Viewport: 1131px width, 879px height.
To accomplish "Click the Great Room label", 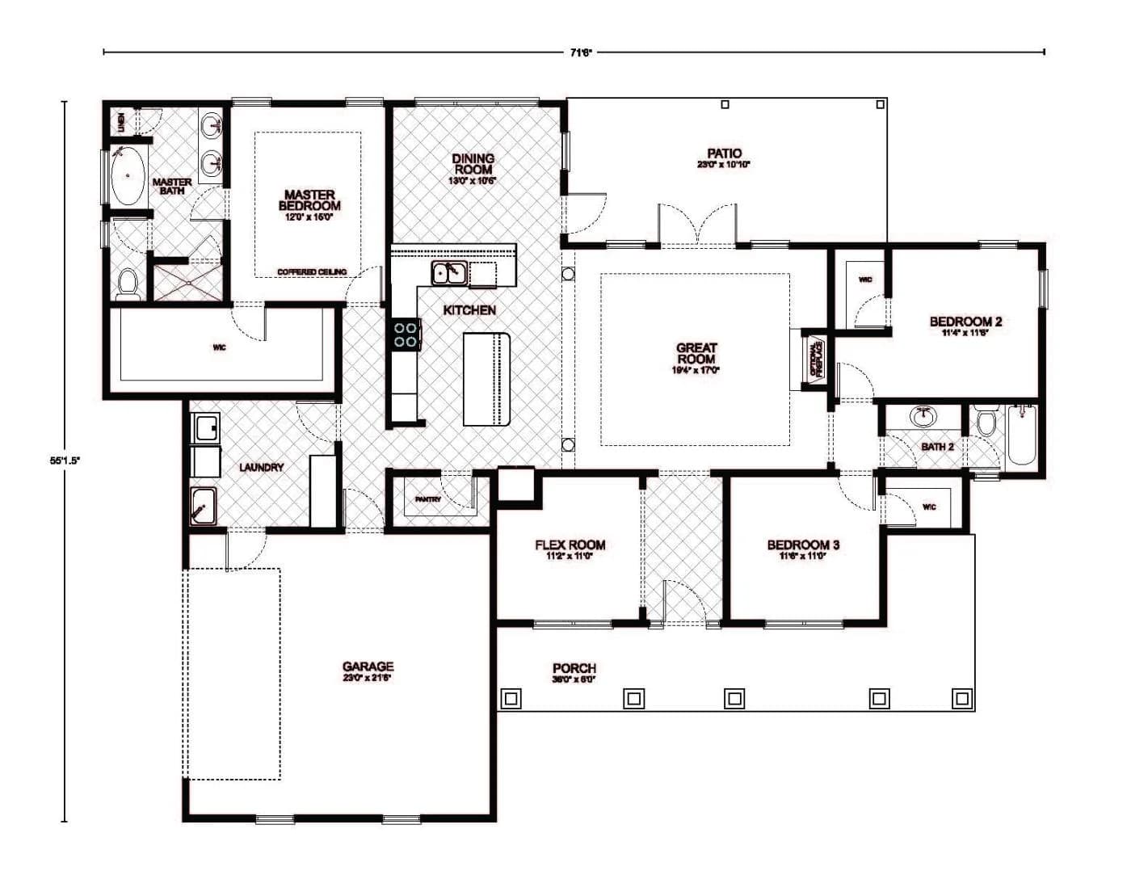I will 696,353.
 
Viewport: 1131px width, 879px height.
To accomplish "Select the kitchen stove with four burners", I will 406,334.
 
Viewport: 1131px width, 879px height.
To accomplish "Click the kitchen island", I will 487,378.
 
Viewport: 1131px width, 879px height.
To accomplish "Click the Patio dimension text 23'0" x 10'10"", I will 724,165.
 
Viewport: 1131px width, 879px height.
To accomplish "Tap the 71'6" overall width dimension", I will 581,53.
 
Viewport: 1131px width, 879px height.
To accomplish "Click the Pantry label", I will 427,499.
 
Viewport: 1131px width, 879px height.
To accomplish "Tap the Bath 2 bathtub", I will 1022,436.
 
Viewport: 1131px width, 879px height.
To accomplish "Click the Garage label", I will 368,667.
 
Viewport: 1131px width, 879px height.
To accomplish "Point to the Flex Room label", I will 570,545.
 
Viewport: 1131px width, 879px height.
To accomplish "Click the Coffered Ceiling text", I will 312,271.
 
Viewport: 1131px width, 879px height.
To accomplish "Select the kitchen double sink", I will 448,273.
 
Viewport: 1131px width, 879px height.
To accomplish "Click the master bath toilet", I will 128,283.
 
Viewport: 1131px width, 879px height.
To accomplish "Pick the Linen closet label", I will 120,122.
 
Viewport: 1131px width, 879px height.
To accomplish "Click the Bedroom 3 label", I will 803,545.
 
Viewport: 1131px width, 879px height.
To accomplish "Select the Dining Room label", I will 473,164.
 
